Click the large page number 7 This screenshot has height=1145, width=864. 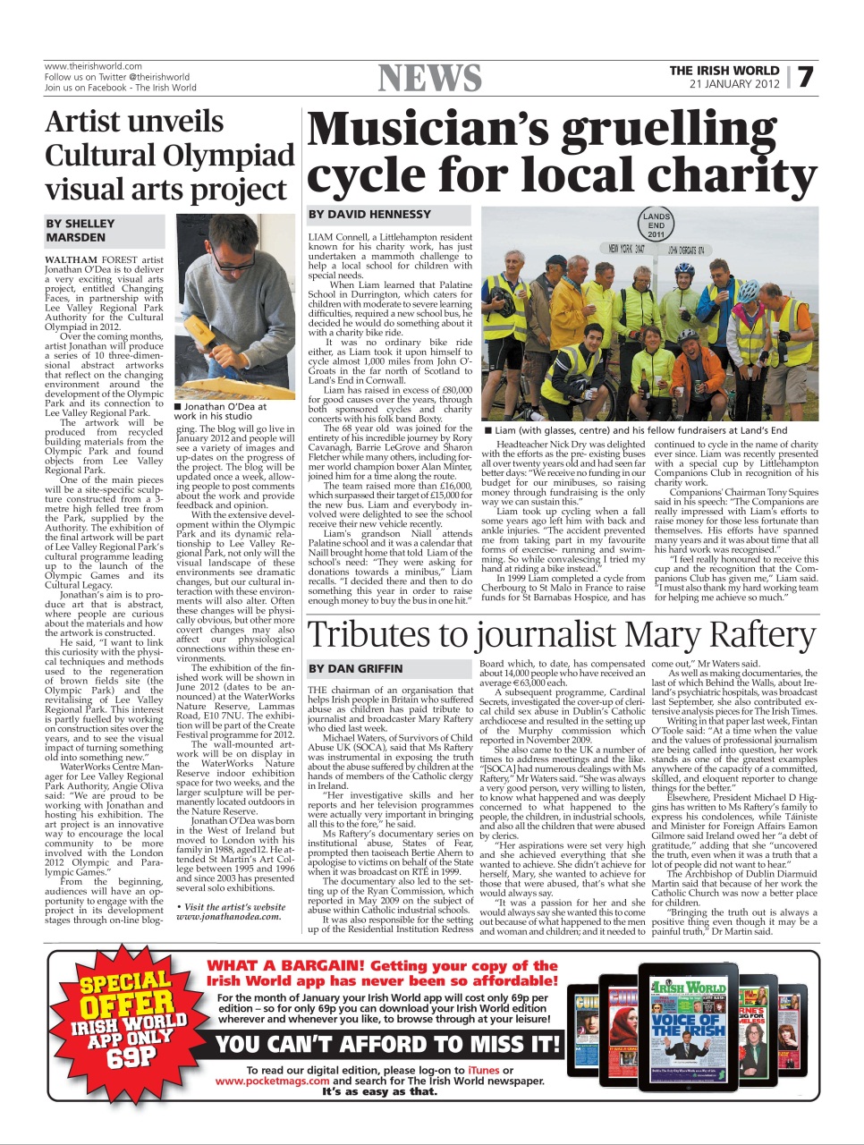tap(806, 77)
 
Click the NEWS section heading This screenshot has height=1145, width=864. tap(430, 79)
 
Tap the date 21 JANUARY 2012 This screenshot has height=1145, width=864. tap(734, 84)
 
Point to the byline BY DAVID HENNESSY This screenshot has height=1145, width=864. tap(369, 215)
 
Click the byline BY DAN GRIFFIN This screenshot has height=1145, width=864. tap(355, 668)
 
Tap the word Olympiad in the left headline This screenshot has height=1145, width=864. tap(232, 156)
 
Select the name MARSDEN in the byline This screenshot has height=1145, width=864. tap(76, 237)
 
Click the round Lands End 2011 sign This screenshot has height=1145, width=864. tap(656, 225)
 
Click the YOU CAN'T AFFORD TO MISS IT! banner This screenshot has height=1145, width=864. tap(388, 1044)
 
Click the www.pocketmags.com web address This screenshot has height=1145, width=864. tap(273, 1081)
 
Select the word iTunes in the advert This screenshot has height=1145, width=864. tap(483, 1070)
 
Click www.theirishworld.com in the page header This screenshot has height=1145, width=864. tap(93, 66)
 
